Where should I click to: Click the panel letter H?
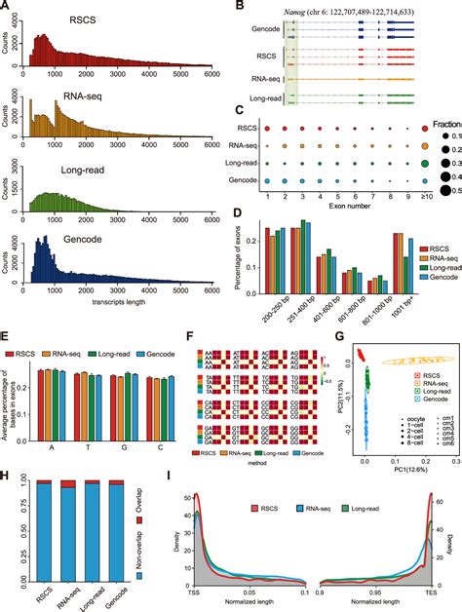click(7, 452)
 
